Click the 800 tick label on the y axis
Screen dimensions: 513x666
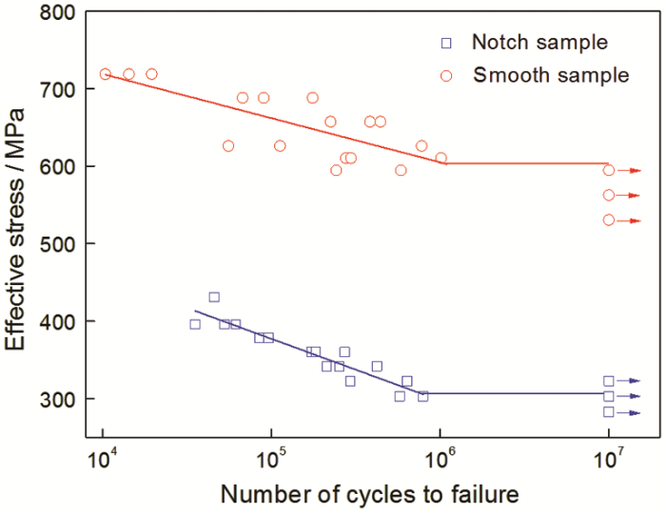(57, 12)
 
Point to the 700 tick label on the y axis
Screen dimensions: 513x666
(57, 89)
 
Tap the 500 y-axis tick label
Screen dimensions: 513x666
(57, 244)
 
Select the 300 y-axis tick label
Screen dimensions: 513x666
(57, 399)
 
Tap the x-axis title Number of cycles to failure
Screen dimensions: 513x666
(357, 495)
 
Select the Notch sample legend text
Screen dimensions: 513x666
(540, 43)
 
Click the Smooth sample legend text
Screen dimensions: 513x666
(551, 74)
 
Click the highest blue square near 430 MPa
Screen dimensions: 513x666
(214, 297)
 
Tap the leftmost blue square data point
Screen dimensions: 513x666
(195, 324)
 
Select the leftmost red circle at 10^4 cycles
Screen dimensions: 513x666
(105, 74)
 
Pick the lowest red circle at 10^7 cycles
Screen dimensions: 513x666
(609, 219)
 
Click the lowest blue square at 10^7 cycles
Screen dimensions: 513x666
(609, 412)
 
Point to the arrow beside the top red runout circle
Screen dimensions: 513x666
(631, 171)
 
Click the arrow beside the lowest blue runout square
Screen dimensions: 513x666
(631, 413)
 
